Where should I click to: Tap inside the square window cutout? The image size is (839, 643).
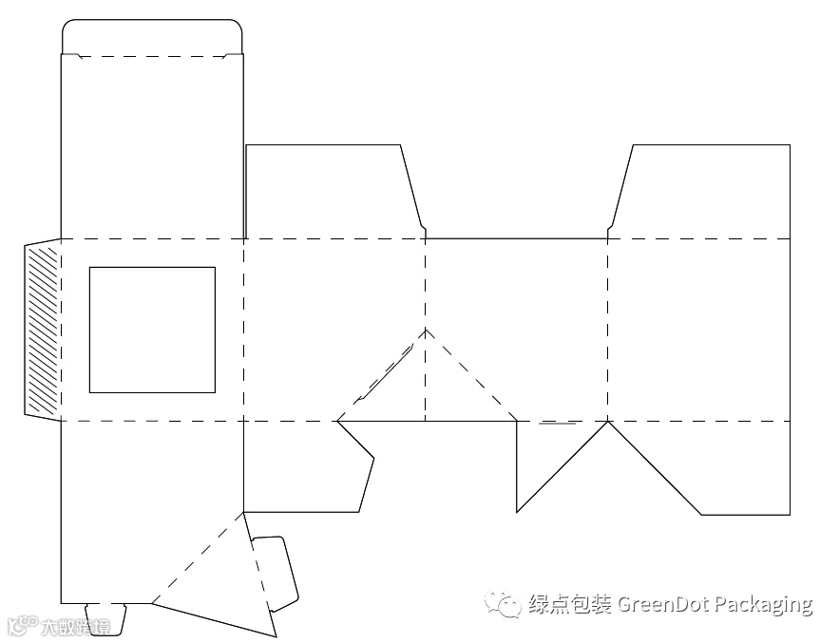coord(152,330)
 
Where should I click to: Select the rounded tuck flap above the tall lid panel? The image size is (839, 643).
coord(152,37)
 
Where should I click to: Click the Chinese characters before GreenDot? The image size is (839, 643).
coord(570,604)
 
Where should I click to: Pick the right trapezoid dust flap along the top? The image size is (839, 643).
coord(703,190)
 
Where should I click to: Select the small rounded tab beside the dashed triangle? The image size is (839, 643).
coord(276,570)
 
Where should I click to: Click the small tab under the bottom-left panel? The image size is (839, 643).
coord(105,617)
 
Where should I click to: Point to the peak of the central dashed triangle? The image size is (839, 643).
coord(426,330)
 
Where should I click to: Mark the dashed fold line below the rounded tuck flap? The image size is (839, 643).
coord(152,56)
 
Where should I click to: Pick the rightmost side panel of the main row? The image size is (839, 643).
coord(698,330)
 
